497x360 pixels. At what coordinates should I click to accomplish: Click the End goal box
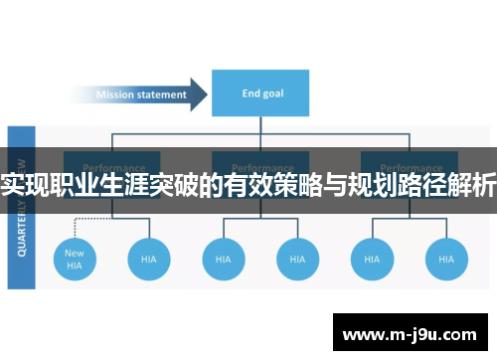(x=259, y=94)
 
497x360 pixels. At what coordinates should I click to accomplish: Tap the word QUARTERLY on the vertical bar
(x=22, y=234)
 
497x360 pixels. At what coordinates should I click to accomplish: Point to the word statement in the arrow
(x=163, y=95)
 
